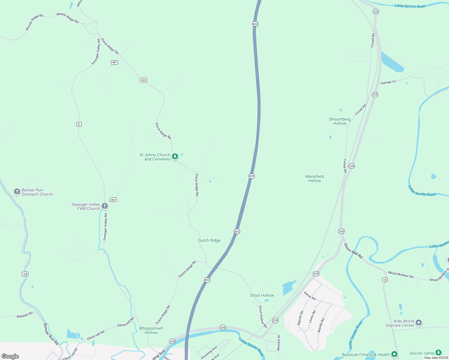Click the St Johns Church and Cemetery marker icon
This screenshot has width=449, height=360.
[x=175, y=156]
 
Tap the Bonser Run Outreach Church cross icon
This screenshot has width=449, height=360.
[x=17, y=191]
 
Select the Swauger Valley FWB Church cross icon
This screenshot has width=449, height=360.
[x=105, y=206]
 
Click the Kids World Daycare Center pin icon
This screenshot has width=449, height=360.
[x=419, y=323]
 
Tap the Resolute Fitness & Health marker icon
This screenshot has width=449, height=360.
[x=394, y=354]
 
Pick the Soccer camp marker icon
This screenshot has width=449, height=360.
[x=438, y=352]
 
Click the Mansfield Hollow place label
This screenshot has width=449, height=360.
[x=315, y=178]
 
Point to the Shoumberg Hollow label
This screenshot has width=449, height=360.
[x=339, y=121]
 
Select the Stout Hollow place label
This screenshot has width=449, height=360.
[x=262, y=295]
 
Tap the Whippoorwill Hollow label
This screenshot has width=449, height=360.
[x=151, y=330]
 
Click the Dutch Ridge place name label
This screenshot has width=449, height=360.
[x=209, y=240]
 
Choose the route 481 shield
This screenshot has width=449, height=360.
[x=114, y=62]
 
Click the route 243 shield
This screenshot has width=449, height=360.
[x=143, y=80]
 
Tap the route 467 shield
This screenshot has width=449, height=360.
[x=113, y=199]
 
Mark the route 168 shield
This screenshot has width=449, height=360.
[x=25, y=274]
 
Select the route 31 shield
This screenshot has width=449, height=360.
[x=79, y=124]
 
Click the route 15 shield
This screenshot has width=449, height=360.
[x=385, y=280]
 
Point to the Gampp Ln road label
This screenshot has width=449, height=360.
[x=388, y=82]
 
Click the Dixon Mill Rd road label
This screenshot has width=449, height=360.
[x=353, y=251]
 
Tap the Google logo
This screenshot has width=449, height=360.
[x=10, y=356]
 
